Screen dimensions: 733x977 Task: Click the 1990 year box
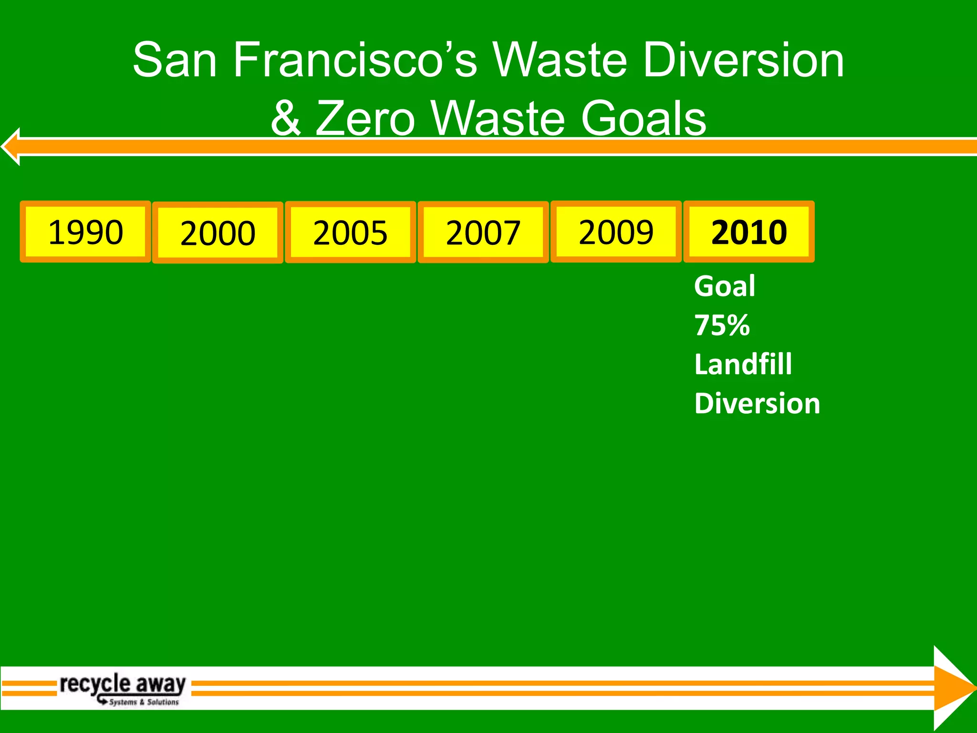85,232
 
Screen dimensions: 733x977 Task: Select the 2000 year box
218,233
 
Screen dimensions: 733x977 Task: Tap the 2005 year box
351,232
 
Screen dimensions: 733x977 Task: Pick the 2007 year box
483,232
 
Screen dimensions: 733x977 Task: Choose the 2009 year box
616,232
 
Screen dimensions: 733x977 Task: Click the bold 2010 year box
749,232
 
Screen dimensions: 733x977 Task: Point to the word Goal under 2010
725,286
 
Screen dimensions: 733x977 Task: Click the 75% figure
722,325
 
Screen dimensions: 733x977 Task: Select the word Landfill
743,365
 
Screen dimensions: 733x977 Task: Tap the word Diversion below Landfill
757,404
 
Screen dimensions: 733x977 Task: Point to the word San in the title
175,60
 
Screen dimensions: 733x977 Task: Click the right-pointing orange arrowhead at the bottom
952,688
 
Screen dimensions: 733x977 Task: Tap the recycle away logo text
123,683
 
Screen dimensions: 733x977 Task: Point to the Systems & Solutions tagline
144,702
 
